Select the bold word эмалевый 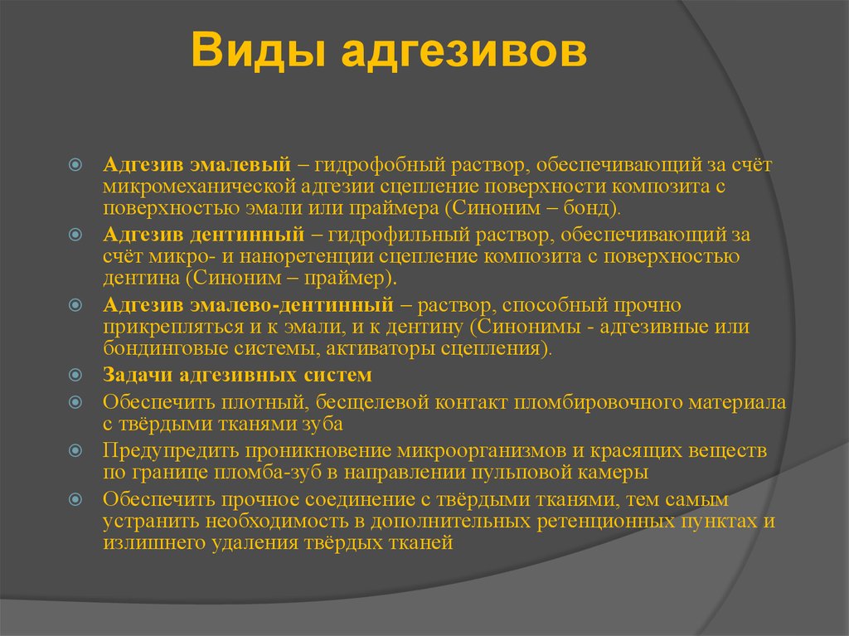(240, 165)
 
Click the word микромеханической (199, 187)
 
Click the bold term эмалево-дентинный (292, 305)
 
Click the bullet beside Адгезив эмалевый (75, 164)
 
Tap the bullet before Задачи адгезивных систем (75, 375)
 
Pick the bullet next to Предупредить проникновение (75, 450)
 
